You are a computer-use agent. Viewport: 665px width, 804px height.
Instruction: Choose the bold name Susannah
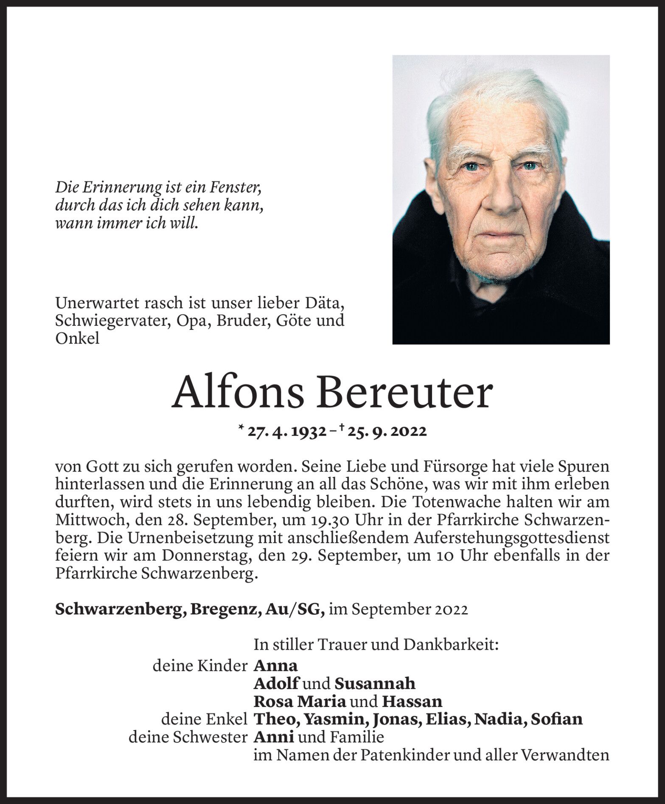click(375, 683)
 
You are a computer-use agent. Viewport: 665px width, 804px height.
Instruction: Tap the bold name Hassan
click(412, 701)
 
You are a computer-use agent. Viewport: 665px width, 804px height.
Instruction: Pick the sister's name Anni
click(274, 737)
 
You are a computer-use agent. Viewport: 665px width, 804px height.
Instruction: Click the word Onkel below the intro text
click(77, 338)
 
